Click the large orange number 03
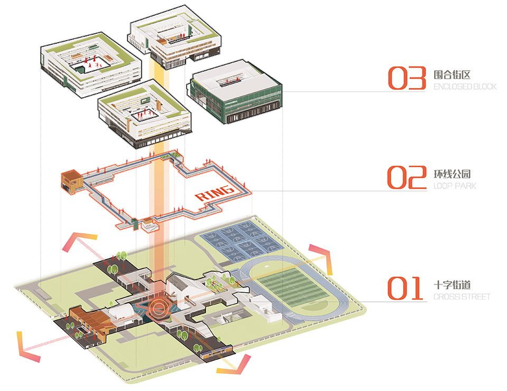[407, 78]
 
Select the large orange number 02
[407, 177]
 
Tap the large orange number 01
[405, 288]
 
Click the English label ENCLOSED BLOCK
[465, 87]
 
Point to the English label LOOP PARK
[455, 186]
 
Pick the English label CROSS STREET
[462, 297]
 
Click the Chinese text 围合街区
[452, 74]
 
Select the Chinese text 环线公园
[452, 174]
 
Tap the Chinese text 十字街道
[452, 285]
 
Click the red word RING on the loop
[214, 193]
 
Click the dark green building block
[234, 92]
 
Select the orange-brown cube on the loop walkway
[72, 182]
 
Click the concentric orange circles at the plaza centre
[158, 307]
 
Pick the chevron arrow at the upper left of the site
[79, 241]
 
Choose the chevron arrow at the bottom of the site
[234, 365]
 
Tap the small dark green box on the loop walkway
[135, 224]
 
